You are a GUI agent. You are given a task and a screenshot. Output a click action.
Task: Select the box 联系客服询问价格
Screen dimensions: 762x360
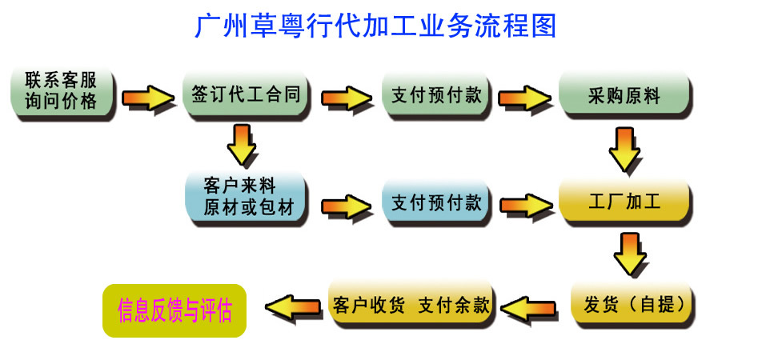(62, 93)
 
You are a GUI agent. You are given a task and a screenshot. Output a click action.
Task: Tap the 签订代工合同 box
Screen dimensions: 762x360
(245, 95)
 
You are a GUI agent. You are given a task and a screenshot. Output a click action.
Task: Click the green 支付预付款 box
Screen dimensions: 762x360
(436, 95)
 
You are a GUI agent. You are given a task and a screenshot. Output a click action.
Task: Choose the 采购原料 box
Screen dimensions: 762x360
(624, 95)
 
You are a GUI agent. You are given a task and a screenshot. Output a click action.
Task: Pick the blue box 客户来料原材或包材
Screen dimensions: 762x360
(245, 198)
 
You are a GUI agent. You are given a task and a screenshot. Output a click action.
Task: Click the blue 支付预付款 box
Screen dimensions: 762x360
(436, 202)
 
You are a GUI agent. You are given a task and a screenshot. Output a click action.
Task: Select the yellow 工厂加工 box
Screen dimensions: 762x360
(624, 202)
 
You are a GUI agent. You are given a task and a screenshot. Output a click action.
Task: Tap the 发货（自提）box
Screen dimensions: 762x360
(632, 304)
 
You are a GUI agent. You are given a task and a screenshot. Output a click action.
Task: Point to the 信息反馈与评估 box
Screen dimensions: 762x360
(174, 309)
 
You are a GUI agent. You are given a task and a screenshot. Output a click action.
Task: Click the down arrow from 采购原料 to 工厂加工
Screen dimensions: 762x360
(625, 150)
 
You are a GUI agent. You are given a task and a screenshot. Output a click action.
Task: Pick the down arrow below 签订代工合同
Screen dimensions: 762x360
(241, 144)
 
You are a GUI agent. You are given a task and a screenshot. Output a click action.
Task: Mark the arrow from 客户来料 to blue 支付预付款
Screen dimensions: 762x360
(347, 206)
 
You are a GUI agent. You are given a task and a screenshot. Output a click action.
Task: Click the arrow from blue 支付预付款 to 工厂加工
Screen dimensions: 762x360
(524, 206)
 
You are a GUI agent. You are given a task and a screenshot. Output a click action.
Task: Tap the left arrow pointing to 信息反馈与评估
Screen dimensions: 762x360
(292, 306)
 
